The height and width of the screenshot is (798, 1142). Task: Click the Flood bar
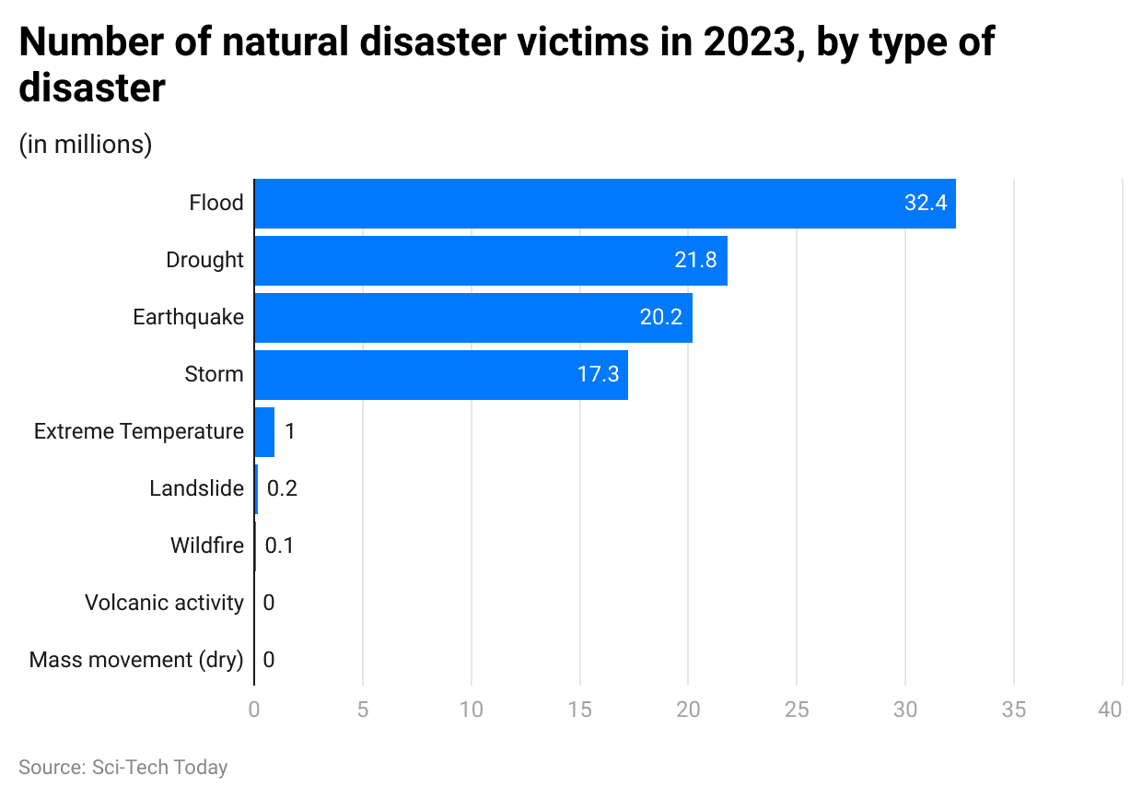[x=604, y=204]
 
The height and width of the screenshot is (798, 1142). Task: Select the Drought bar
[x=490, y=261]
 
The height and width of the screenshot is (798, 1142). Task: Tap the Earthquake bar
[x=472, y=318]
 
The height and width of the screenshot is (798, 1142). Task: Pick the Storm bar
[x=440, y=375]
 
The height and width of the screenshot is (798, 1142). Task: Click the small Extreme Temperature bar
[x=264, y=432]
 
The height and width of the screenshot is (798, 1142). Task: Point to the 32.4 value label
[x=926, y=204]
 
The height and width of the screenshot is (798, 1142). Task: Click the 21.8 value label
[x=695, y=261]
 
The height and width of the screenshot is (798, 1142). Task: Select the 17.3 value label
[x=598, y=375]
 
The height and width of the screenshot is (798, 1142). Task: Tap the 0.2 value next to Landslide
[x=282, y=489]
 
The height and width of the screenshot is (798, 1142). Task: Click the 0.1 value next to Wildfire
[x=279, y=546]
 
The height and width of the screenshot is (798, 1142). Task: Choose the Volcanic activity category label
[x=164, y=604]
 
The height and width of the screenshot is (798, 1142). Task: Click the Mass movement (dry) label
[x=136, y=661]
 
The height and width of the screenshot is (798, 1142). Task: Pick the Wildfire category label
[x=207, y=546]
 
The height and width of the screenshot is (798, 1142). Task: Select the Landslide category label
[x=197, y=489]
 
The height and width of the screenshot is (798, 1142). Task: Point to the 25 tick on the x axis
[x=797, y=710]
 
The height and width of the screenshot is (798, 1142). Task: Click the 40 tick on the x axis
[x=1111, y=710]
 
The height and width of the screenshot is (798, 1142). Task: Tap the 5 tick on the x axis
[x=363, y=710]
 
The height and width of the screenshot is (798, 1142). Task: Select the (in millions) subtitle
[x=86, y=145]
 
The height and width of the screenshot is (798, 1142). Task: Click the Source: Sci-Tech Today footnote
[x=122, y=768]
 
